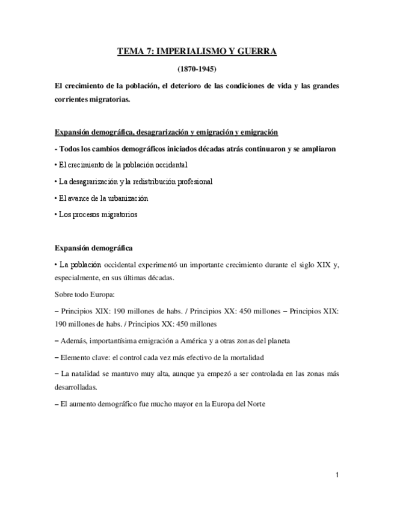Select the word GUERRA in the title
tap(256, 52)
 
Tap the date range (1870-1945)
tap(197, 69)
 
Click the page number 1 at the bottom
tap(337, 475)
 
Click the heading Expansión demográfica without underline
tap(94, 247)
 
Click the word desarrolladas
tap(75, 387)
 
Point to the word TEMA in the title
tap(131, 52)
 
